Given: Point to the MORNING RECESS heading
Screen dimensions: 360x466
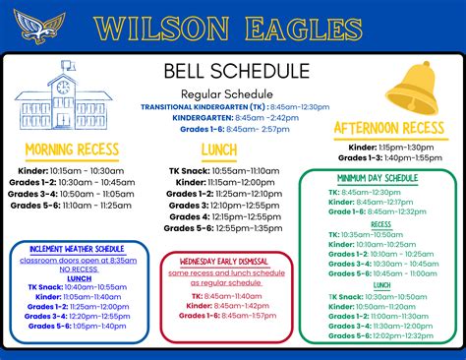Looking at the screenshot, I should click(x=72, y=150).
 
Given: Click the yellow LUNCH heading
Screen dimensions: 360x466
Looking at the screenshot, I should click(x=219, y=150).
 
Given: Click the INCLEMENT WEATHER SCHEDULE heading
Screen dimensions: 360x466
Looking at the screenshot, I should click(x=77, y=249).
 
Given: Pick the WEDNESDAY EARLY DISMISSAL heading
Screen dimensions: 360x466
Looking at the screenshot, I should click(x=227, y=260).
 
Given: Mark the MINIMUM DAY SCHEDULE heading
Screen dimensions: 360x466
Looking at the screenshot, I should click(x=378, y=178).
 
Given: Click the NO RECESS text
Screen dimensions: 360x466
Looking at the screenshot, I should click(x=79, y=269).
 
